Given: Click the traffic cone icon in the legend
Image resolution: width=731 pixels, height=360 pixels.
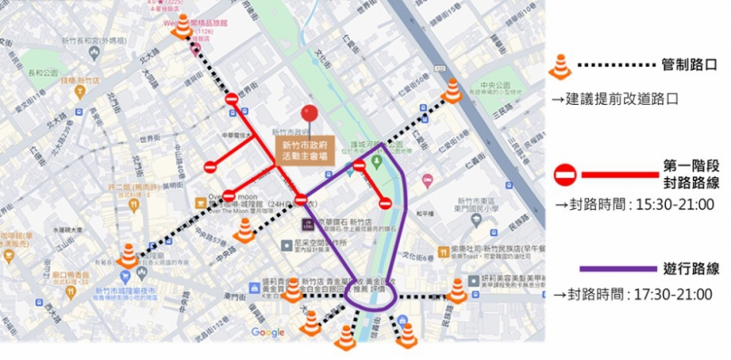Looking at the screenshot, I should [x=560, y=65].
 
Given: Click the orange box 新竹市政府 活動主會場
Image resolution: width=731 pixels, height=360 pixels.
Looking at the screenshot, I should [x=307, y=149].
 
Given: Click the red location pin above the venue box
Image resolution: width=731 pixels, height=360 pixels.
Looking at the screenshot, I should [x=309, y=115].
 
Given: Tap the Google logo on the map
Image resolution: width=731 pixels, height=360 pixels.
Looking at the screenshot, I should [x=268, y=333].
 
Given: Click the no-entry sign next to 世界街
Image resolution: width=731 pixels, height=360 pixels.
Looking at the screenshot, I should [x=233, y=99].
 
